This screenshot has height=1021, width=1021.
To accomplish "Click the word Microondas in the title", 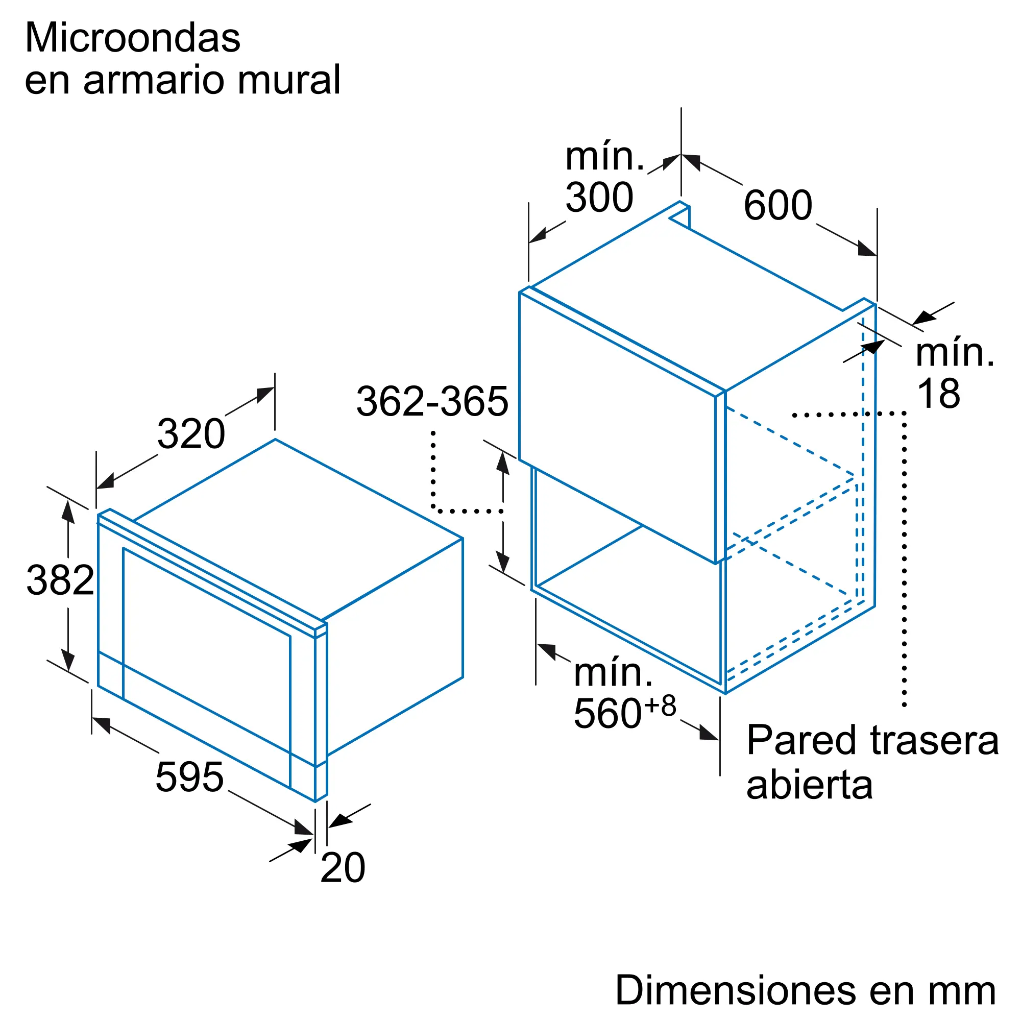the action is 133,38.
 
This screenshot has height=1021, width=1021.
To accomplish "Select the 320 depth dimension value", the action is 191,434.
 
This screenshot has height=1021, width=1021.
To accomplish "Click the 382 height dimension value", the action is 60,580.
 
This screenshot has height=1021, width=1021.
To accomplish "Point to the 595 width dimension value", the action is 190,777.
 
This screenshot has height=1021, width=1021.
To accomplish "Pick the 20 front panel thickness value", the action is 343,867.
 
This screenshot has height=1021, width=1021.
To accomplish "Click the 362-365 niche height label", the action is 432,402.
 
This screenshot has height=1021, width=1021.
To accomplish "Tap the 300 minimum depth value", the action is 599,198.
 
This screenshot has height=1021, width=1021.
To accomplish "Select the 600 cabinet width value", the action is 777,205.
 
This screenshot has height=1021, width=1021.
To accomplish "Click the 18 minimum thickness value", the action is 939,394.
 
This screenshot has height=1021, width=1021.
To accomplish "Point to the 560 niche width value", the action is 607,714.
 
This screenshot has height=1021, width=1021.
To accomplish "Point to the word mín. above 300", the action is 604,156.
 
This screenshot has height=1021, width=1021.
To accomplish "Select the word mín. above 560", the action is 613,672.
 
